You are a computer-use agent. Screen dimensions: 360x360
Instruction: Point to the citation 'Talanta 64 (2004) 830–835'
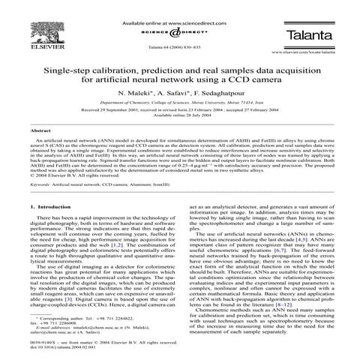coord(178,46)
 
